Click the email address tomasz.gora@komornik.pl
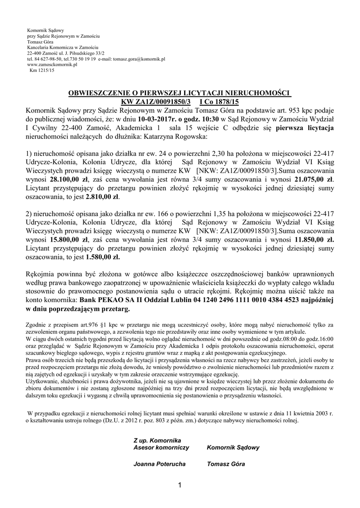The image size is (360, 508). click(130, 59)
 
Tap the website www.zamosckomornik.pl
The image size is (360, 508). click(52, 64)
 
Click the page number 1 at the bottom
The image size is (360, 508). click(179, 484)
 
